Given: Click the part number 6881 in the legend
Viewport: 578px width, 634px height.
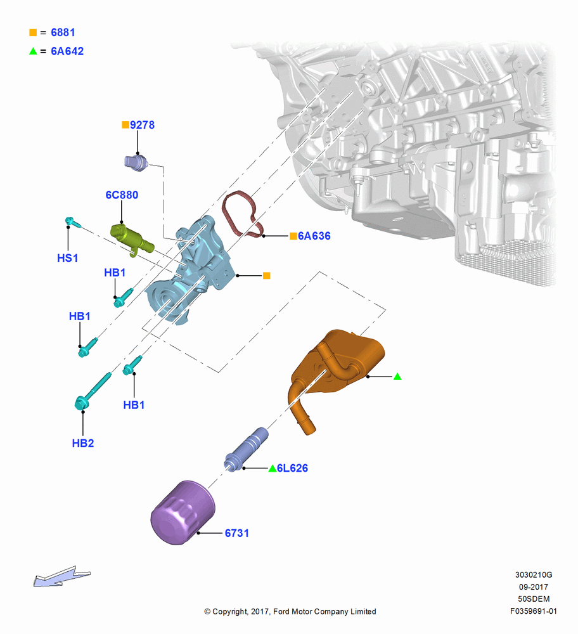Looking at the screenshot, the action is pyautogui.click(x=63, y=32).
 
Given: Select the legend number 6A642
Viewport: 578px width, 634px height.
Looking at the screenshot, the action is pyautogui.click(x=67, y=51).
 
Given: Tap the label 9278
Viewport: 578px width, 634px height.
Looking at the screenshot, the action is pyautogui.click(x=142, y=125).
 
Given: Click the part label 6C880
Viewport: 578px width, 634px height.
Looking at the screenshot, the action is pyautogui.click(x=122, y=195).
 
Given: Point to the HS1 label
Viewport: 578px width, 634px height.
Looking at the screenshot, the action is pyautogui.click(x=68, y=258).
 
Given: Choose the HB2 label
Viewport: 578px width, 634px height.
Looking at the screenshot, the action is pyautogui.click(x=83, y=443).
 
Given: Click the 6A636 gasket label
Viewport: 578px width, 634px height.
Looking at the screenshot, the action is pyautogui.click(x=314, y=236).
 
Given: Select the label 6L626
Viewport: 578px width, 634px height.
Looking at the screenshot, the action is pyautogui.click(x=292, y=469).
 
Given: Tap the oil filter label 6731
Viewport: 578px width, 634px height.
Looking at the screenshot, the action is pyautogui.click(x=237, y=533).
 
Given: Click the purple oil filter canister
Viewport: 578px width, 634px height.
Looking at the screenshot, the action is pyautogui.click(x=183, y=512).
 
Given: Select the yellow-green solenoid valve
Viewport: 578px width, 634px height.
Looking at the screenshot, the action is pyautogui.click(x=132, y=238).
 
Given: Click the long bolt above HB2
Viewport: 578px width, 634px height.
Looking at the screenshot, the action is pyautogui.click(x=93, y=391).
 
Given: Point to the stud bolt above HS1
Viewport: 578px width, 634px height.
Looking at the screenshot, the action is pyautogui.click(x=73, y=222).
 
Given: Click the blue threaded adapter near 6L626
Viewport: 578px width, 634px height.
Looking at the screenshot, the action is pyautogui.click(x=247, y=449).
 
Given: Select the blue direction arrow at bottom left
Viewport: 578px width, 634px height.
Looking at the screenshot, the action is pyautogui.click(x=61, y=576).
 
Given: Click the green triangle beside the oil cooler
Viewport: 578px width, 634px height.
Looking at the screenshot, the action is pyautogui.click(x=397, y=377).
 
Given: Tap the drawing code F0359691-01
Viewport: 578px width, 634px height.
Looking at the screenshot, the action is pyautogui.click(x=534, y=611).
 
